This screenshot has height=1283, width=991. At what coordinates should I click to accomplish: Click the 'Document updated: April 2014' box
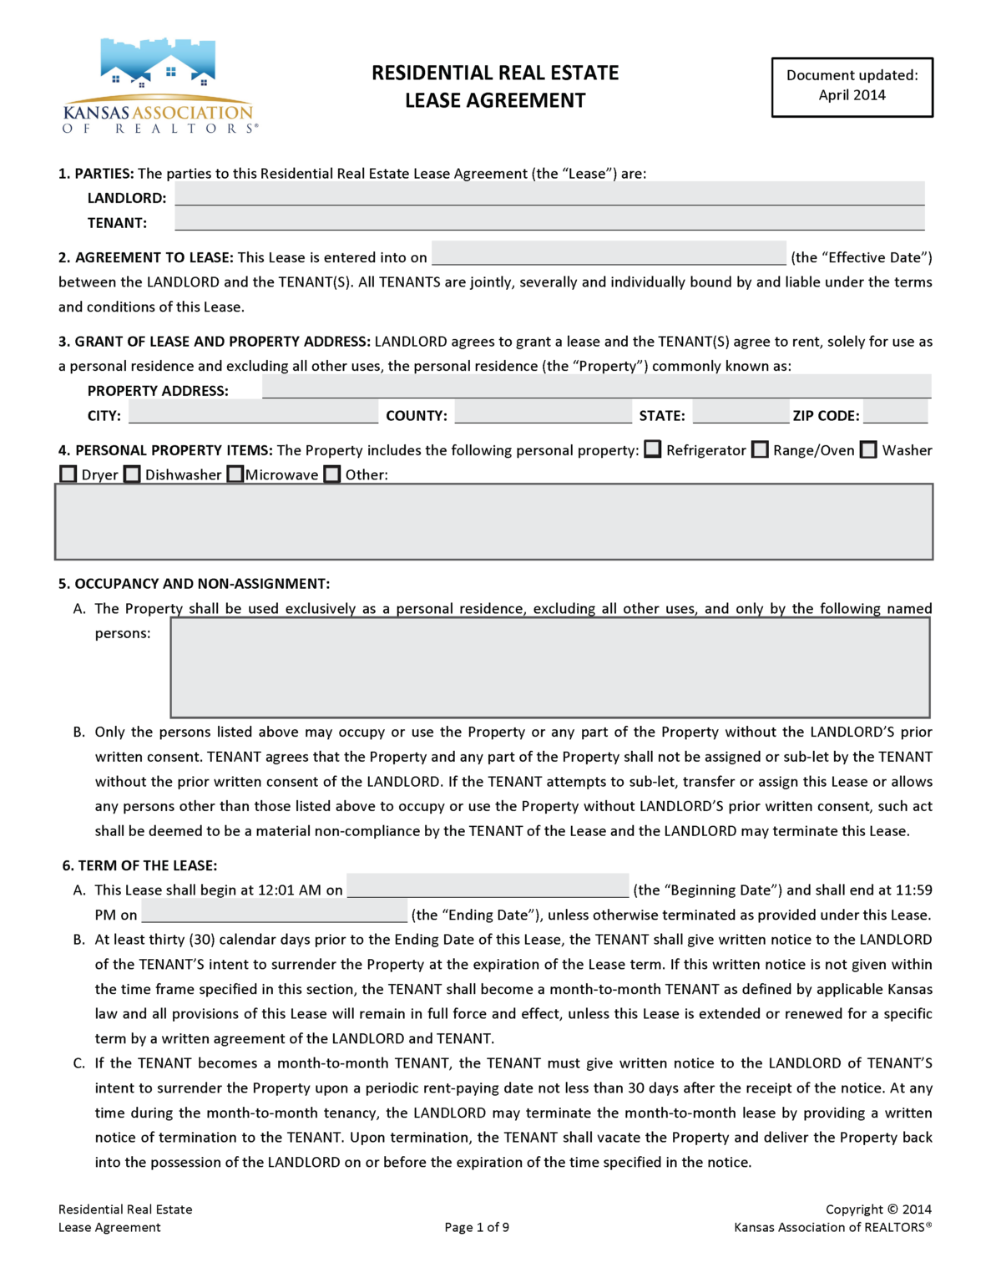(852, 87)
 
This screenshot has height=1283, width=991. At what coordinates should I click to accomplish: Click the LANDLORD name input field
(549, 194)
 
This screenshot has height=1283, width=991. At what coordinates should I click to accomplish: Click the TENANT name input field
(549, 219)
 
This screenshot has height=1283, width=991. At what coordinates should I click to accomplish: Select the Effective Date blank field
(609, 253)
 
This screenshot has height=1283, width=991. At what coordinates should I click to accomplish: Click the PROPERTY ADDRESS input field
(596, 387)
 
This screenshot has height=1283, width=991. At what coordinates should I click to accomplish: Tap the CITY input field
(253, 412)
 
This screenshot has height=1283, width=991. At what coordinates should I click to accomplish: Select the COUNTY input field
(543, 412)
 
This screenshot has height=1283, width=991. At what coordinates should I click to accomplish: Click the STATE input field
(740, 412)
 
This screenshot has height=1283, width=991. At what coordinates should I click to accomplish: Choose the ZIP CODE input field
(895, 412)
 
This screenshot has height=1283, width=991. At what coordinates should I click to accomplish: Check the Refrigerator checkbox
(653, 449)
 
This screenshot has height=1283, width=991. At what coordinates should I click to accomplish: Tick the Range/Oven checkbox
(760, 449)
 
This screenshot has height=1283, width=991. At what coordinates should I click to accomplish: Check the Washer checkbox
(869, 449)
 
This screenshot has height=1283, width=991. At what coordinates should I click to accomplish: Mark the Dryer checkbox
(68, 474)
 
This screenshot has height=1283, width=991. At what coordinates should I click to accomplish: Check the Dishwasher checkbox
(132, 474)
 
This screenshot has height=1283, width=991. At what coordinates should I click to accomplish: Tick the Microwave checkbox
(235, 474)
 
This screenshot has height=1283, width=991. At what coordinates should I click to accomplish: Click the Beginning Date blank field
(488, 885)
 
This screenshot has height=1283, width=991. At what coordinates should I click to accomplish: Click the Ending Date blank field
(274, 910)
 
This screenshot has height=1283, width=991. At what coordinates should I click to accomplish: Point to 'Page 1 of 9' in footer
(477, 1227)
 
